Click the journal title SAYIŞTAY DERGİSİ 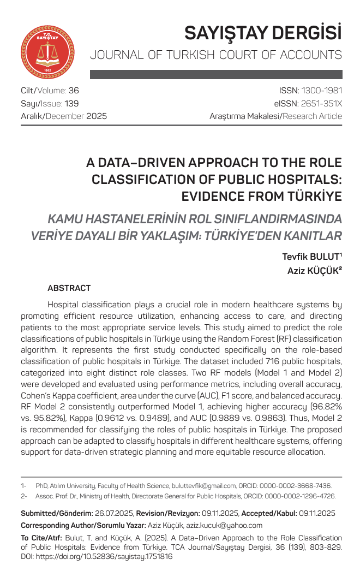263,33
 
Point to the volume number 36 74,90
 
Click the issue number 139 71,103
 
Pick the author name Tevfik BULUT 311,257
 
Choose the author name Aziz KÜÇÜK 314,270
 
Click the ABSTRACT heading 69,288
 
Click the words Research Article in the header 315,116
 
